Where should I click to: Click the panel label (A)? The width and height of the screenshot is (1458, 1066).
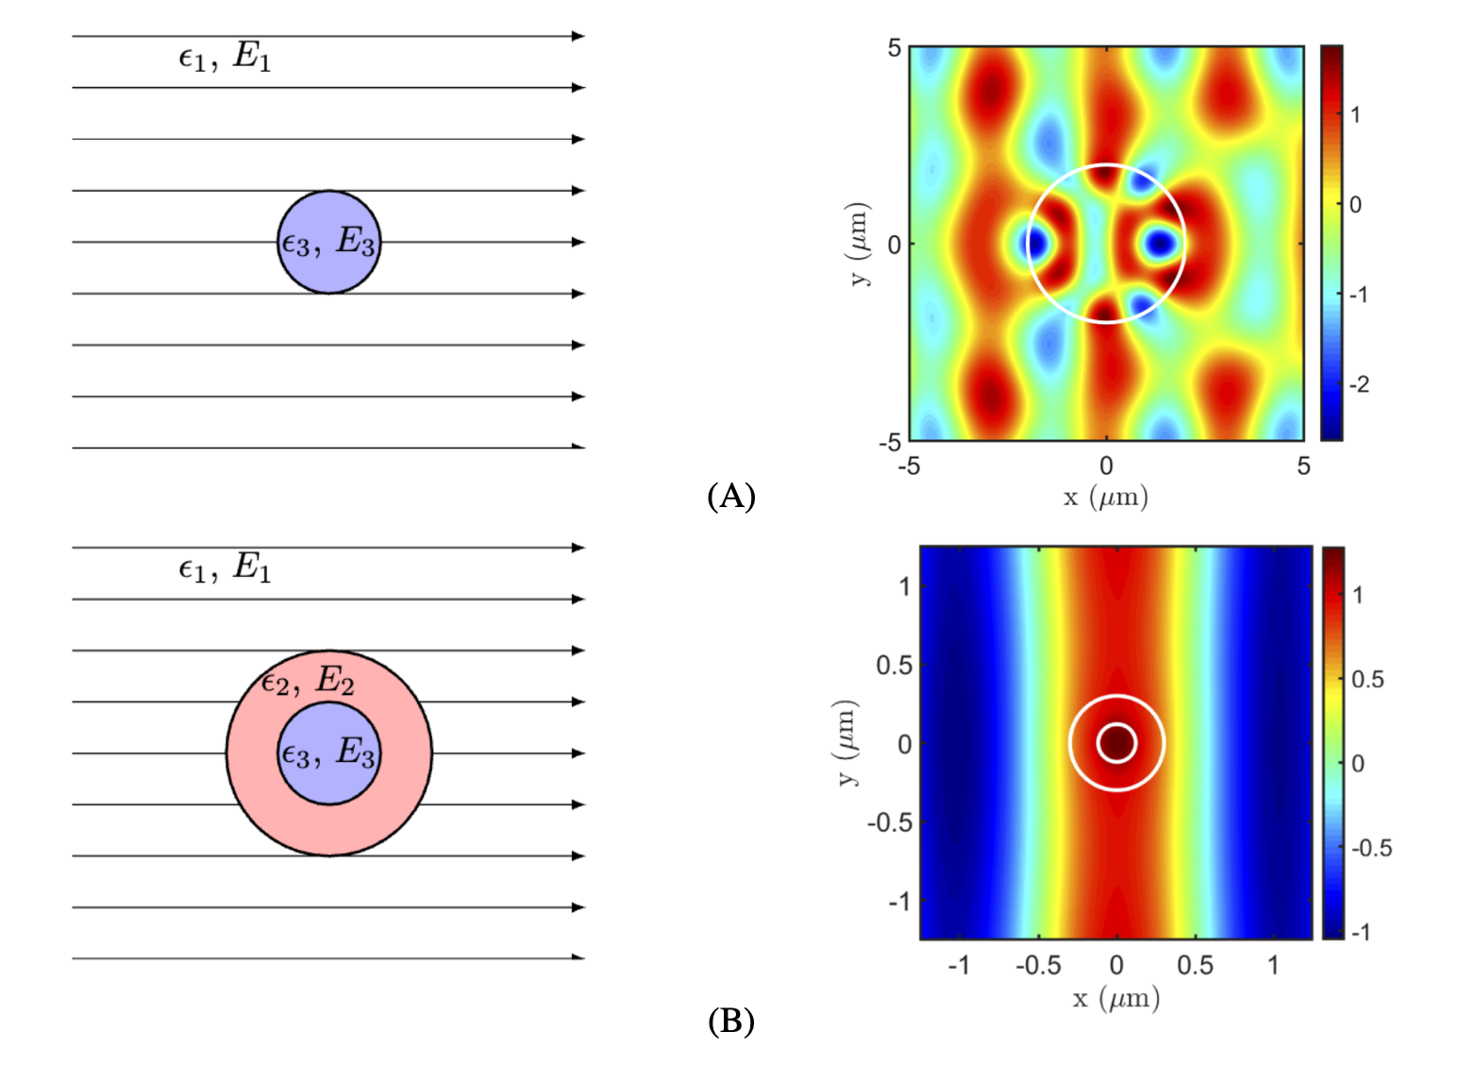(730, 496)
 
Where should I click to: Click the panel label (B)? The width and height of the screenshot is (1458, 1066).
(730, 1021)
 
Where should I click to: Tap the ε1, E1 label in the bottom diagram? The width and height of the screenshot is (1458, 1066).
(225, 567)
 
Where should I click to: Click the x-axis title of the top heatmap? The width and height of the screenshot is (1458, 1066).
(1105, 497)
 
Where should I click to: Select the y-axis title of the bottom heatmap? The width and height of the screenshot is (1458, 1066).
(846, 743)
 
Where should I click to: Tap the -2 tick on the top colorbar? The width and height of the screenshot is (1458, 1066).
(1359, 384)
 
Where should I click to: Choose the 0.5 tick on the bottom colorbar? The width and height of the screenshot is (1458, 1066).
(1366, 679)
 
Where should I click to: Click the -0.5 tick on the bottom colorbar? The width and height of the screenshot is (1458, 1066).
(1370, 848)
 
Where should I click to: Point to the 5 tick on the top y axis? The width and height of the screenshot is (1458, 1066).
(894, 48)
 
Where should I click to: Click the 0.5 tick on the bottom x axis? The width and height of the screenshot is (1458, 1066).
(1195, 965)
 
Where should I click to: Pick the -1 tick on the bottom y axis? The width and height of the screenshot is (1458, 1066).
(899, 902)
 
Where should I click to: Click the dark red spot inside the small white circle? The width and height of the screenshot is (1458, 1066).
(1116, 743)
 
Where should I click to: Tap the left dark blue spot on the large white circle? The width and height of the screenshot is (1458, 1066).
(1035, 244)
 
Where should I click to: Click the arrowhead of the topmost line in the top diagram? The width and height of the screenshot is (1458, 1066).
(578, 36)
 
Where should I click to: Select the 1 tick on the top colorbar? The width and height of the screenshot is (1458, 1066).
(1355, 115)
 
